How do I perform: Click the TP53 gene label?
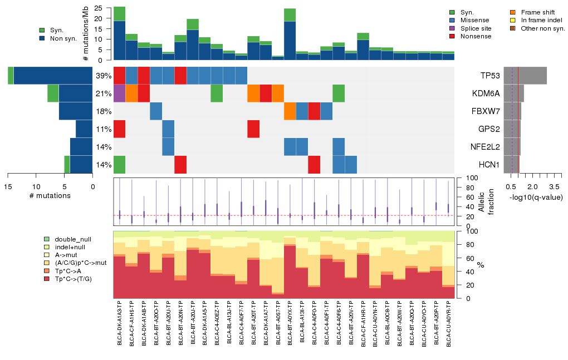(490, 76)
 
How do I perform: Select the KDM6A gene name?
(487, 93)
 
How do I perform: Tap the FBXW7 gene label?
(487, 111)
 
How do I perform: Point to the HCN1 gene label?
(489, 165)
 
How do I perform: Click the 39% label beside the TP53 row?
(103, 76)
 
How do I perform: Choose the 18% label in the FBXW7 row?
(103, 111)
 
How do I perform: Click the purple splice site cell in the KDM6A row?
(119, 93)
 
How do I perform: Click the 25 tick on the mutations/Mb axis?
(99, 8)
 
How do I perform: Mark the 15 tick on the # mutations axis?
(8, 186)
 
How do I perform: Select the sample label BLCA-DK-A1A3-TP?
(120, 325)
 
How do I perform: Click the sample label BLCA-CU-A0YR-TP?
(448, 325)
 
